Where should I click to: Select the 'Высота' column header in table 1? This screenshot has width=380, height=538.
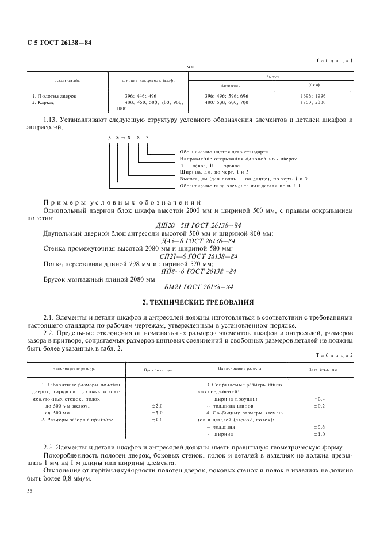(x=272, y=76)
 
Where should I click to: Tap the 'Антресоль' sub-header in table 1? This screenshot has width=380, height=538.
(x=230, y=85)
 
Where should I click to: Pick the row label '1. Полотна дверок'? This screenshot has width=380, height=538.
(x=54, y=96)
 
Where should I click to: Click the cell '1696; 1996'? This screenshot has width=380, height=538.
(x=313, y=96)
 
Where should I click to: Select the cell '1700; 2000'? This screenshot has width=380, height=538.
(x=313, y=102)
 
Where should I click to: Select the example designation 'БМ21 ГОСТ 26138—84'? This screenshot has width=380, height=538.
(x=190, y=286)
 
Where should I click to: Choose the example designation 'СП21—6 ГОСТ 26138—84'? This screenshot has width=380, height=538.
(x=190, y=256)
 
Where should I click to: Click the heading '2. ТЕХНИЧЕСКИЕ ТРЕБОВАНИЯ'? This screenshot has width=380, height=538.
(x=190, y=302)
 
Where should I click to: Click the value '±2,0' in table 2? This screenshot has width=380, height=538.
(x=157, y=406)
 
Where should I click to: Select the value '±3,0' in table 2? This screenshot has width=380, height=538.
(x=157, y=413)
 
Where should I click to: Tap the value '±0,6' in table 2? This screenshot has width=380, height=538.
(x=320, y=427)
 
